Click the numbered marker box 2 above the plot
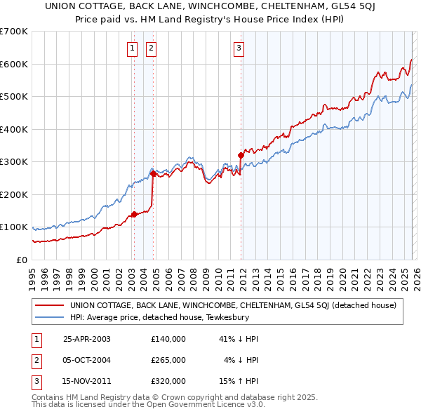coord(151,48)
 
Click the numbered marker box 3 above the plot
coord(239,48)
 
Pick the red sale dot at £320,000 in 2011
coord(241,155)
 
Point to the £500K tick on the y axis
coord(14,97)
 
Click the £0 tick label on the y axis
coord(21,260)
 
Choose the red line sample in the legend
coord(50,305)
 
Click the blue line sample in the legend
coord(50,316)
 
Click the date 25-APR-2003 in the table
coord(87,338)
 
